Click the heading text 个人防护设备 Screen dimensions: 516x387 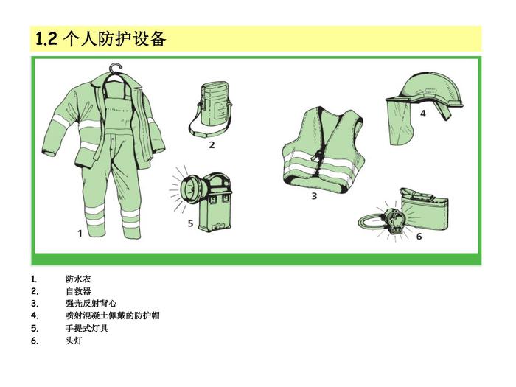115,39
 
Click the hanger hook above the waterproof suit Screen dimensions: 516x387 116,68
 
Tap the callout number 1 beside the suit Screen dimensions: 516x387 80,234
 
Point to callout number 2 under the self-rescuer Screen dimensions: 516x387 212,144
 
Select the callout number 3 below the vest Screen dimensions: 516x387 314,196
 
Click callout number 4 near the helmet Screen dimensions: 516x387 423,114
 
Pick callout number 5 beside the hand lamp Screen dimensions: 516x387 190,223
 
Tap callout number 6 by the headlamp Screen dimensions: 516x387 419,237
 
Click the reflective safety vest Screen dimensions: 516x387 324,149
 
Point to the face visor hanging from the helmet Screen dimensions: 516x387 400,123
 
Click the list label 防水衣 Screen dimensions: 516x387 78,279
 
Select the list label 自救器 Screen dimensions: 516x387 78,291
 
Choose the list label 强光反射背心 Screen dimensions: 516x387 91,304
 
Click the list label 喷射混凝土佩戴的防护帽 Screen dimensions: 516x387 112,315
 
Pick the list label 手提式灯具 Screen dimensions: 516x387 86,328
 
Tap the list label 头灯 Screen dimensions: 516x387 74,341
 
